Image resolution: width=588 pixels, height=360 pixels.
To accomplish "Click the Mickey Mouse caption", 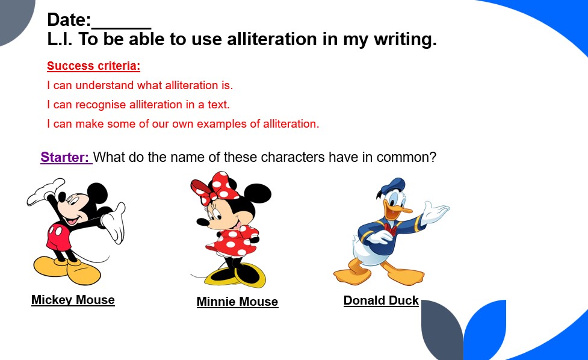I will click(x=73, y=300).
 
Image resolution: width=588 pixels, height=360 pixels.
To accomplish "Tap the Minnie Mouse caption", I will click(x=237, y=302).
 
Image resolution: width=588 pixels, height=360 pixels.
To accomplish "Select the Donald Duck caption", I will click(x=381, y=300).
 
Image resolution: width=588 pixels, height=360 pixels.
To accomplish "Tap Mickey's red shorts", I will click(x=59, y=237).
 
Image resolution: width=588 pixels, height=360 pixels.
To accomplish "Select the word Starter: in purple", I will click(x=65, y=158).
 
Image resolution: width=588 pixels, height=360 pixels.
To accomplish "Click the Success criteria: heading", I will click(x=93, y=66).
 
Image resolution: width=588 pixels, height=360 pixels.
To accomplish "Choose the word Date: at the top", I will click(x=69, y=20).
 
